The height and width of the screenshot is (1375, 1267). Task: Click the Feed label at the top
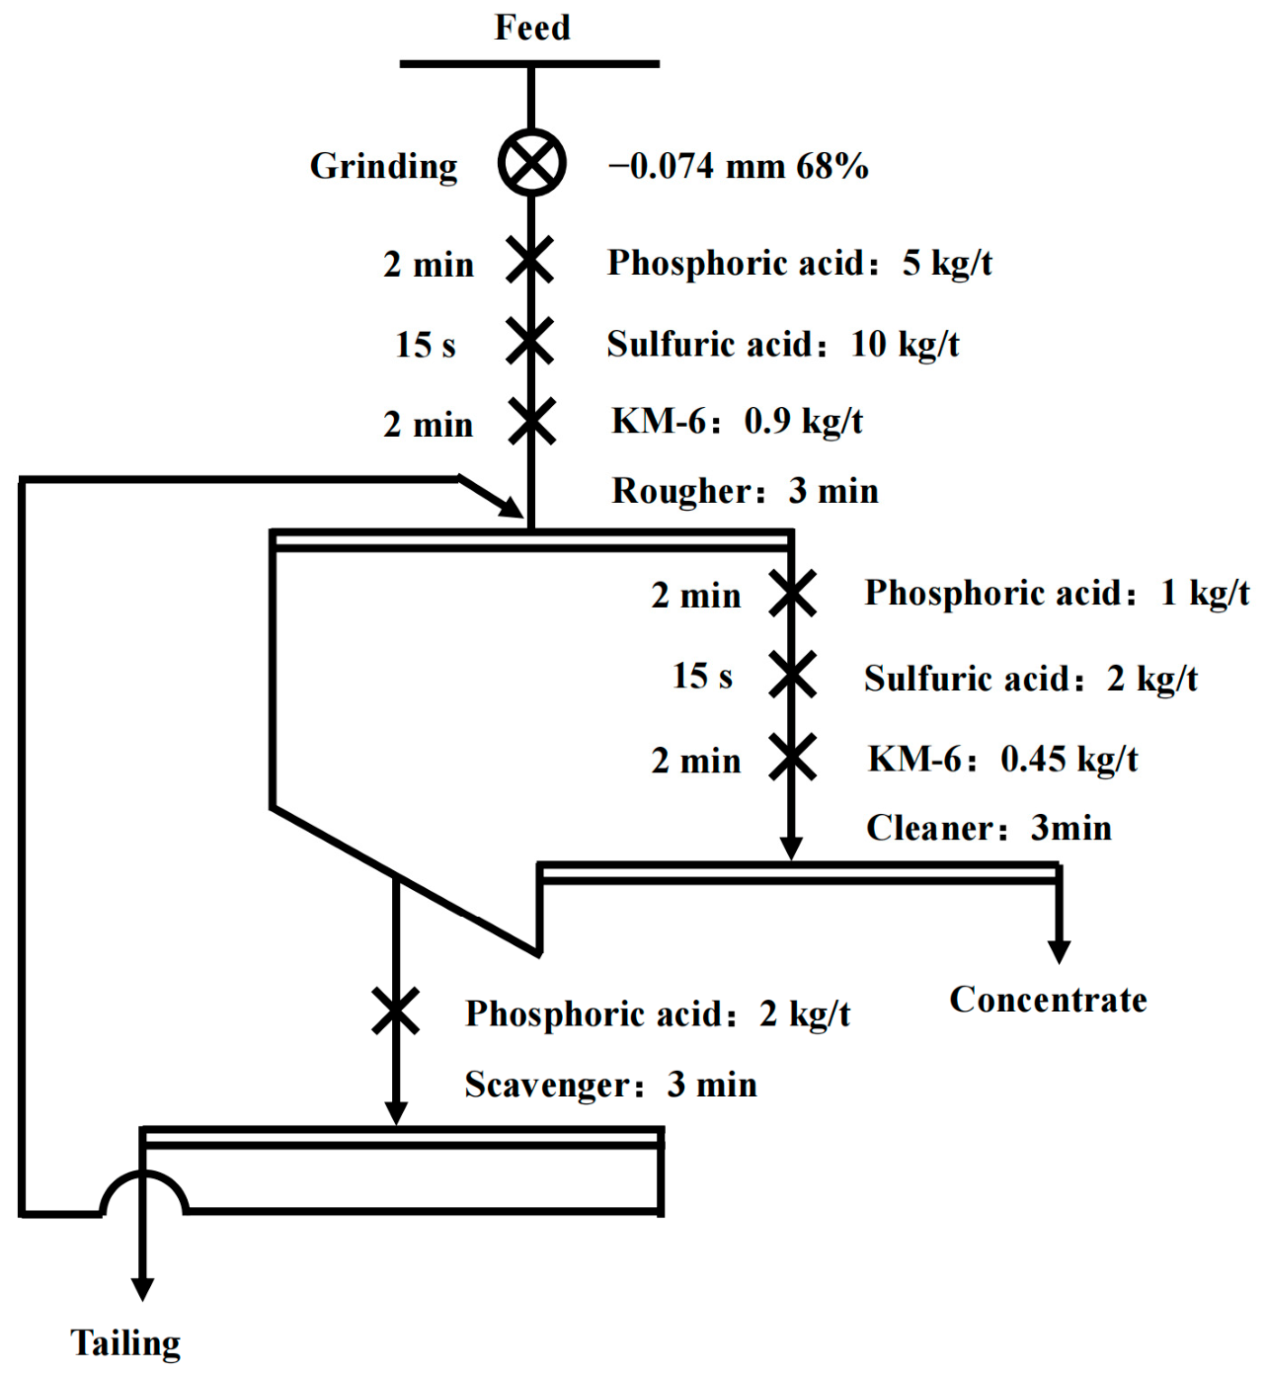[531, 29]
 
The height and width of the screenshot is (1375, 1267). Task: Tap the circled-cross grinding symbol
[531, 163]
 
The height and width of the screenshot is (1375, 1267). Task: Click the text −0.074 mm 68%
[738, 167]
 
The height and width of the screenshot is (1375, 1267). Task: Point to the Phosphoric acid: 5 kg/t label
[800, 264]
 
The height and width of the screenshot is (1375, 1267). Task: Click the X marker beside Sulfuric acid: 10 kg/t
[529, 341]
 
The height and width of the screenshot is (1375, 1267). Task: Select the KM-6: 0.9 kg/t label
[737, 422]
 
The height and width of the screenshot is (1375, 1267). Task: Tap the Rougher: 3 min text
[745, 491]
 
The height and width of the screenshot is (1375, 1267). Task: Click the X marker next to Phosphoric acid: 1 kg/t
[792, 594]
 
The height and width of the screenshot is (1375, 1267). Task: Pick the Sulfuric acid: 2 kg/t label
[1030, 679]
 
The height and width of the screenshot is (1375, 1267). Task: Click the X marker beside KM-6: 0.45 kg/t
[792, 758]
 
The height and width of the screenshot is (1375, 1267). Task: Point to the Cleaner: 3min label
[989, 828]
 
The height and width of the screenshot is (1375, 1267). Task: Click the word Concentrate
[1048, 1000]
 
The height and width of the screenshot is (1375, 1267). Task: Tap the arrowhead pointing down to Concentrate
[1059, 952]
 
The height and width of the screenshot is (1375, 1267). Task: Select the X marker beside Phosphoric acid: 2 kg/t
[395, 1011]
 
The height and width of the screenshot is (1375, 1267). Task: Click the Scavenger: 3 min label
[610, 1085]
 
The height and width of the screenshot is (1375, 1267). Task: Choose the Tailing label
[125, 1344]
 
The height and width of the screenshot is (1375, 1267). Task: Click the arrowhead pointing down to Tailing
[142, 1290]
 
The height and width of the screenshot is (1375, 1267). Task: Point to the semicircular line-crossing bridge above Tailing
[143, 1173]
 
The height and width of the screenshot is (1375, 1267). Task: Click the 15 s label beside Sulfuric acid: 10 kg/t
[425, 344]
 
